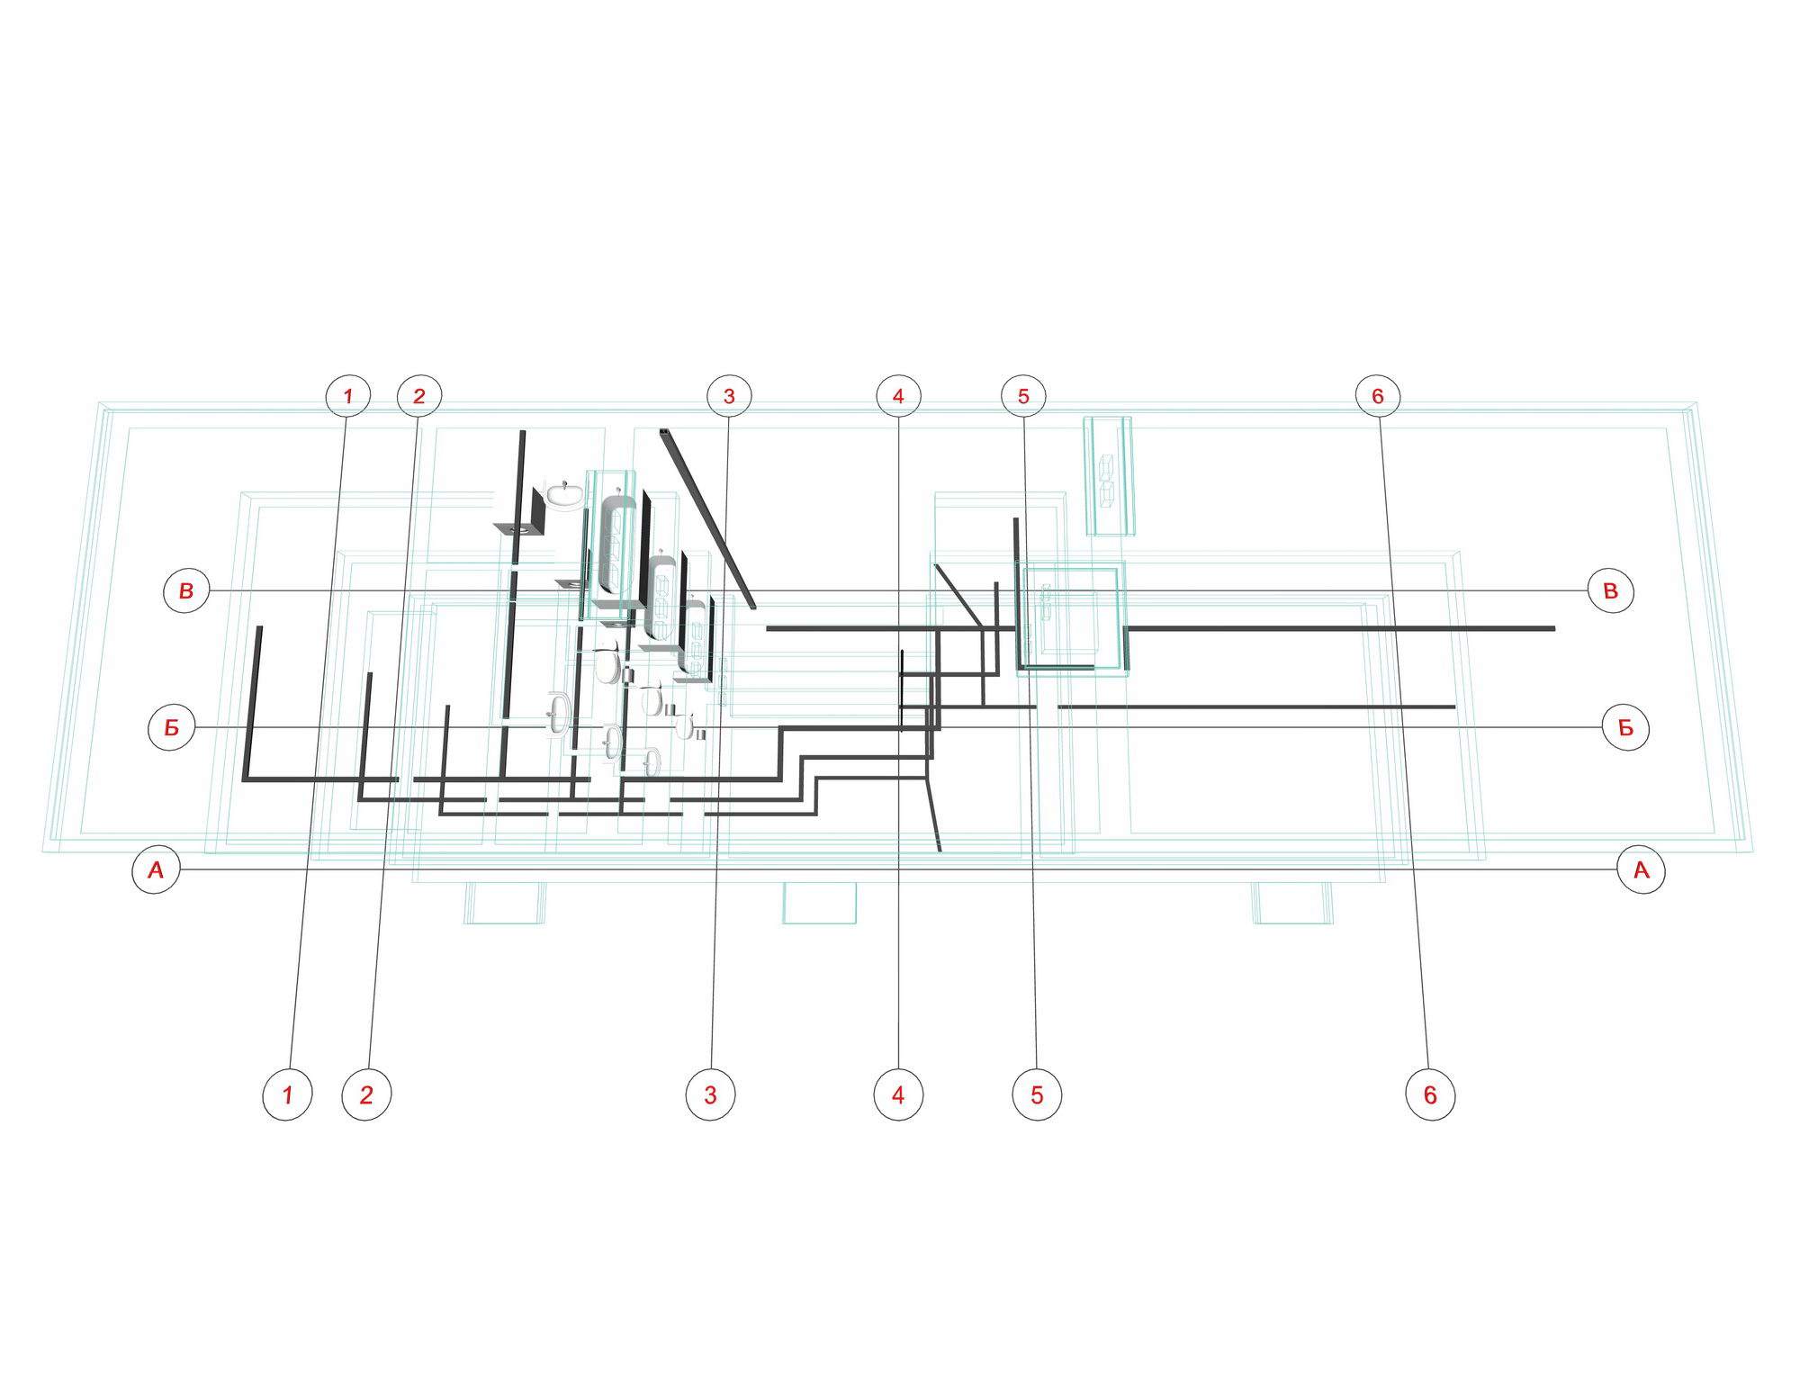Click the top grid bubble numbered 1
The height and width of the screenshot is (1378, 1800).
[347, 395]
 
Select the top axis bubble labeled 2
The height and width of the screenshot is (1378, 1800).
[419, 395]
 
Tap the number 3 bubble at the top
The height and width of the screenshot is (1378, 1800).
[729, 395]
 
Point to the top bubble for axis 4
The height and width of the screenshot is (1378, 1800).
[898, 395]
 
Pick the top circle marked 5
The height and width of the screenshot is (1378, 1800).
[1023, 395]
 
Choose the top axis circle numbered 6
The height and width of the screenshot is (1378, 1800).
[1378, 395]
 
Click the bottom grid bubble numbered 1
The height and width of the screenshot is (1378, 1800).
[287, 1094]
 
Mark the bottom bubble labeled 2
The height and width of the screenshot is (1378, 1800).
[366, 1094]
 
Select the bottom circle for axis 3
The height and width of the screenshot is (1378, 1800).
[710, 1094]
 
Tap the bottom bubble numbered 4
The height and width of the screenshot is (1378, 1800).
[898, 1094]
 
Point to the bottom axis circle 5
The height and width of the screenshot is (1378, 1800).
[1037, 1094]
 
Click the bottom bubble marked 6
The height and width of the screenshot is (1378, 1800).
[1430, 1094]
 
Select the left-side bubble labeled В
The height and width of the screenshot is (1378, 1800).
[186, 590]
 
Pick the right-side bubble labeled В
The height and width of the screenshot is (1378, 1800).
[1611, 590]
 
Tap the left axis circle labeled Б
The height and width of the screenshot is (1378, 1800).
[171, 727]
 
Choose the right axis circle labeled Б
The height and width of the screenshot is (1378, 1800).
[1625, 727]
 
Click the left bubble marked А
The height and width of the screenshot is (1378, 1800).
[156, 869]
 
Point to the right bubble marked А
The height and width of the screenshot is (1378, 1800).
[1641, 869]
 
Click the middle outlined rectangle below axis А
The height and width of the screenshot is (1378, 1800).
[819, 903]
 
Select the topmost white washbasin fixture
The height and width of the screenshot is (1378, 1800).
[564, 494]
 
